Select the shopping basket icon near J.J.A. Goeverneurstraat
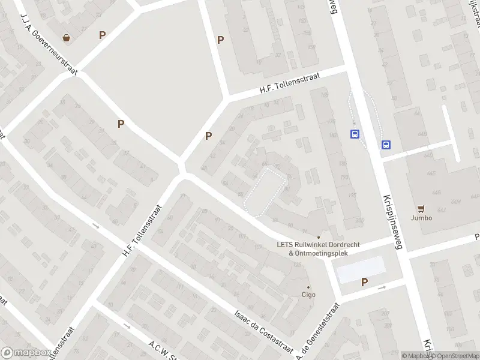pos(66,38)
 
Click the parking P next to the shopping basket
pos(103,35)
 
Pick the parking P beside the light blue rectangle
pos(364,282)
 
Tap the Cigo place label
pos(308,295)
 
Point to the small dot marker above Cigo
pos(309,287)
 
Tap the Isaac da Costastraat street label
pos(263,331)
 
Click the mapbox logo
pos(25,353)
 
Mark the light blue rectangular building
pos(359,269)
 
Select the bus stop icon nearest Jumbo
pos(385,145)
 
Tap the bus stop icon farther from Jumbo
pos(355,134)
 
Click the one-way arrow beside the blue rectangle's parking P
pos(381,287)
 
